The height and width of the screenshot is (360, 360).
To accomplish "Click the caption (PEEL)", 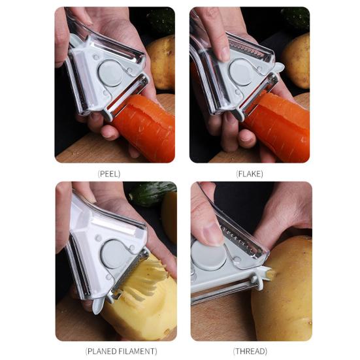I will coord(109,174).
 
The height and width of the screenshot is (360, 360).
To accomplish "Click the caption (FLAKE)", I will coord(249,174).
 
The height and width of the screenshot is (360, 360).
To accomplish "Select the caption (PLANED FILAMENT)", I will coord(121,351).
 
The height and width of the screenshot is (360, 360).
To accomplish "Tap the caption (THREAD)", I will coord(250,351).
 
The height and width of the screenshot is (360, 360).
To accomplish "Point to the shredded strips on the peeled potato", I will coord(146,278).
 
